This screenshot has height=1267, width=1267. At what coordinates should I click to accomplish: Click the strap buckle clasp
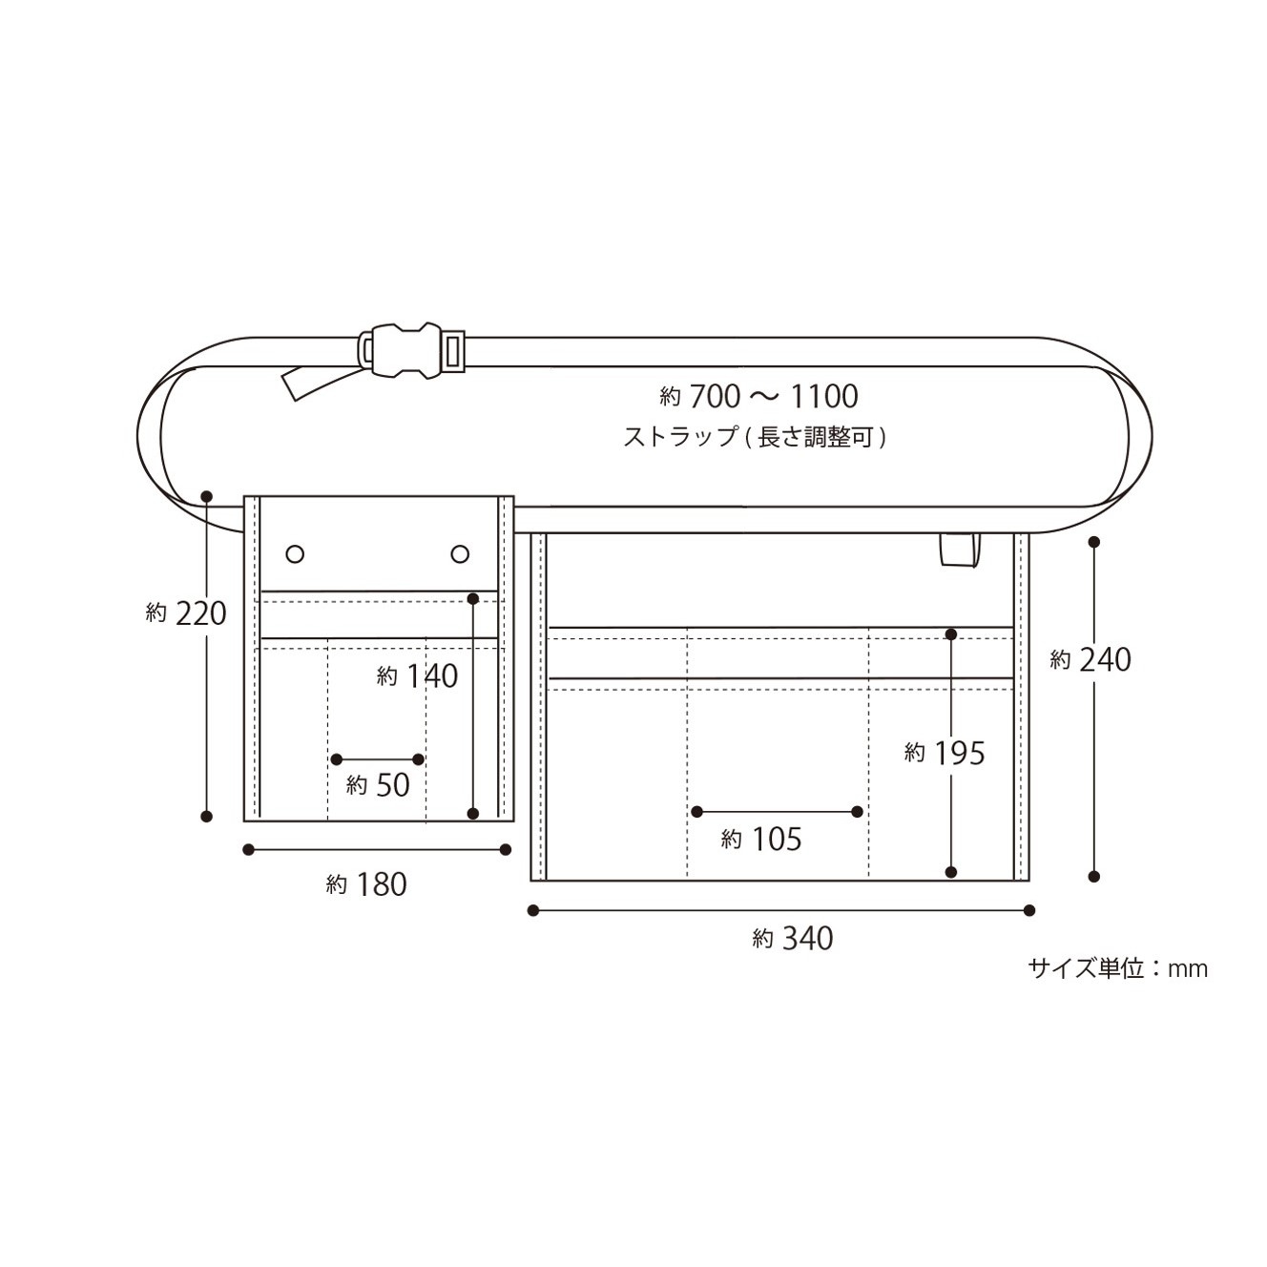(411, 350)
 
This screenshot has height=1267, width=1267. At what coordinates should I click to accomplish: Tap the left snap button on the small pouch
(295, 553)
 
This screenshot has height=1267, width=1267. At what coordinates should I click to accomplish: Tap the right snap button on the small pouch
(460, 553)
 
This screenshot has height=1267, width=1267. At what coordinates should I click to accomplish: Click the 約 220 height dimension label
(186, 613)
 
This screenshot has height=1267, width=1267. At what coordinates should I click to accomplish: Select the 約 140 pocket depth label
(418, 675)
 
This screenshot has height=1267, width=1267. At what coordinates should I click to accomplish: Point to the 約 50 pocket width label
(378, 785)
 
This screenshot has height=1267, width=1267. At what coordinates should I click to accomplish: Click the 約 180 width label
(367, 885)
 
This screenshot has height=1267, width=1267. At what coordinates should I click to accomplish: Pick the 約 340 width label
(793, 939)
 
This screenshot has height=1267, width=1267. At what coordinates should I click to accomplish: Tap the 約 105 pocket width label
(761, 840)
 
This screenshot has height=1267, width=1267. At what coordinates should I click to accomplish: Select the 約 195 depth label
(945, 754)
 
